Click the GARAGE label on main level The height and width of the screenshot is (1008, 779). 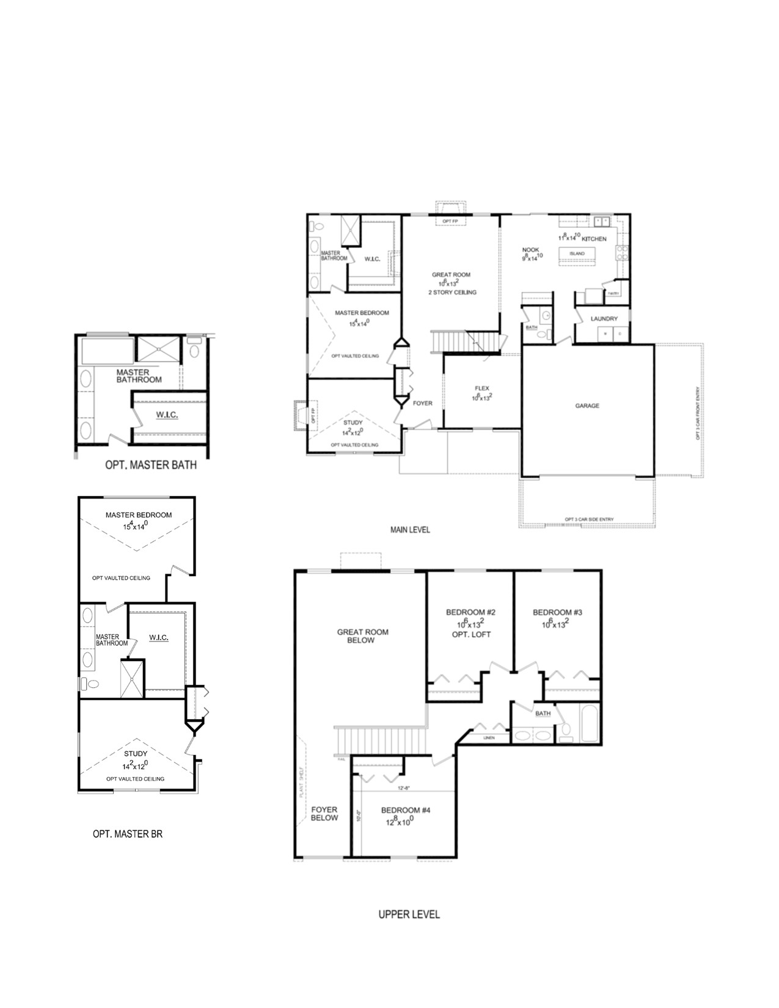587,406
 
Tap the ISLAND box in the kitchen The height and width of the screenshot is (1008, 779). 577,254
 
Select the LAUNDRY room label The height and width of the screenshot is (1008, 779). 604,319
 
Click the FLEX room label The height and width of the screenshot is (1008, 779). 482,389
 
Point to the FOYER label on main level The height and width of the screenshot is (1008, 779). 422,403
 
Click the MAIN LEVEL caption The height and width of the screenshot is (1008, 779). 410,530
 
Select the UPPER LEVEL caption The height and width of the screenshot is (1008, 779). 409,915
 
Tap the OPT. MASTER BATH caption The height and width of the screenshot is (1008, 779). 151,466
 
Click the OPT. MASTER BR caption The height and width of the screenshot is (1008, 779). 128,833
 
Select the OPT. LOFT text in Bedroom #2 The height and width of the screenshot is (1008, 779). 471,634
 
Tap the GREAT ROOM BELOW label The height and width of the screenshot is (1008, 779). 362,636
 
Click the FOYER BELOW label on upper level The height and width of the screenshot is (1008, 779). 324,814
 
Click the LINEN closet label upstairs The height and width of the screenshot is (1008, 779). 489,738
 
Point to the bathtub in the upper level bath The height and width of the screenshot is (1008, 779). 588,723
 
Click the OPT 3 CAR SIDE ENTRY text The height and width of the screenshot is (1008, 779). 589,519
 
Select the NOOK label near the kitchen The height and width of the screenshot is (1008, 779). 530,250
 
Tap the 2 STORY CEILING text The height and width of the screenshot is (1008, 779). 452,292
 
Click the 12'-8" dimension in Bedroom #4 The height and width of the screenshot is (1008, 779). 403,788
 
